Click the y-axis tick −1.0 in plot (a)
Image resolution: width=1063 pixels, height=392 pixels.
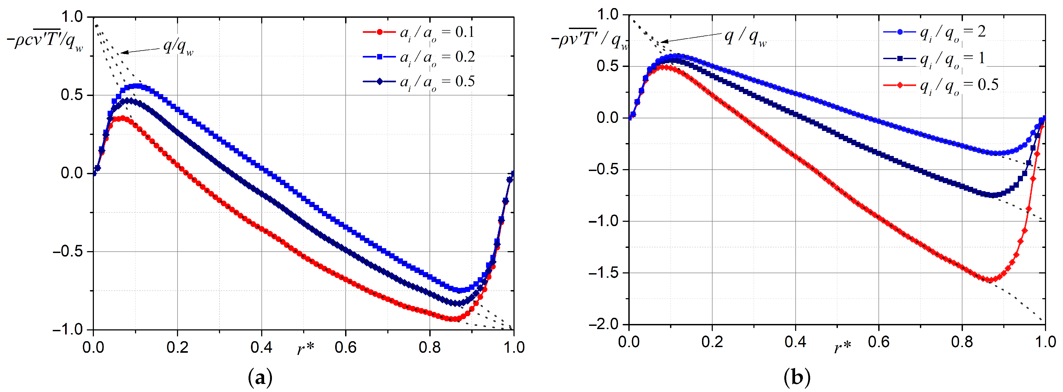(68, 330)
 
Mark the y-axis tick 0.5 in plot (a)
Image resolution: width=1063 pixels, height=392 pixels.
(71, 95)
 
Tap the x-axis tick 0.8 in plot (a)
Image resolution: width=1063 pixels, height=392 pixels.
(429, 347)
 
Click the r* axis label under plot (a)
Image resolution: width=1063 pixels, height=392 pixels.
(305, 349)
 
